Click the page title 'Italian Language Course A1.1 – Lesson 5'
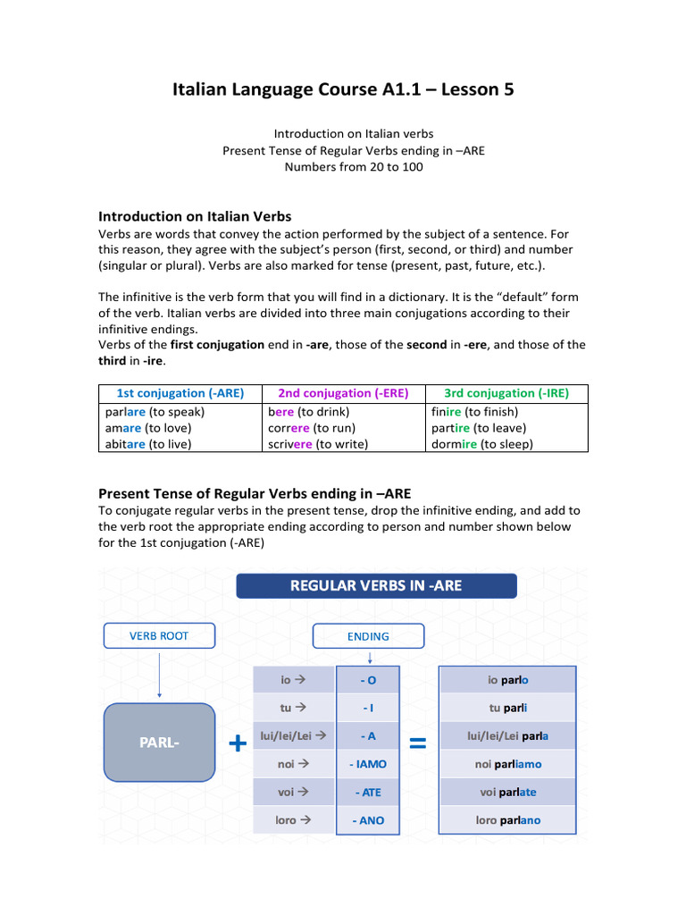(343, 90)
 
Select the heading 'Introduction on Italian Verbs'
(195, 216)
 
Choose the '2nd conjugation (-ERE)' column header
(343, 393)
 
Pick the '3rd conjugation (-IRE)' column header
(506, 393)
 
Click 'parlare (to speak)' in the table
(155, 412)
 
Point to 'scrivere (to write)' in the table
(318, 443)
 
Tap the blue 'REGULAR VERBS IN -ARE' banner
(376, 586)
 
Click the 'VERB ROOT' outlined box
(159, 636)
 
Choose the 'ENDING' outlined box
(368, 636)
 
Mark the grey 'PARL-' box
(159, 743)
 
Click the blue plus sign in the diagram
(238, 743)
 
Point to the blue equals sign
(417, 743)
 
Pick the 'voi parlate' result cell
(508, 792)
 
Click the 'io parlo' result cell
(508, 680)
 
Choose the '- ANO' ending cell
(368, 820)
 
